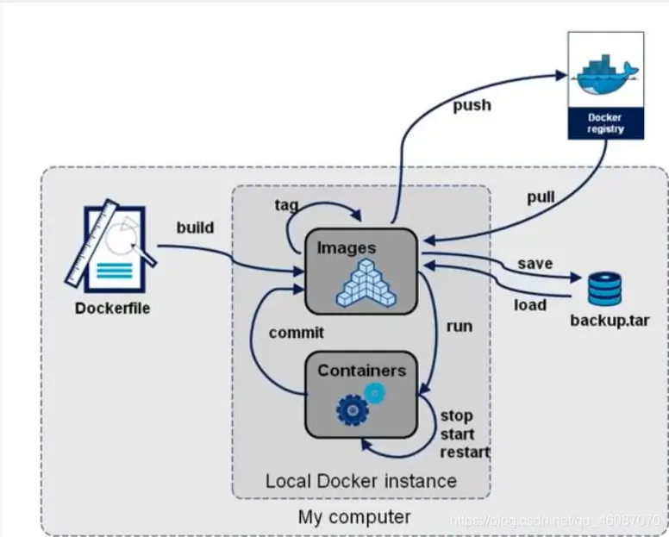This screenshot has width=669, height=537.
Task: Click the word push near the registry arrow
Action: (x=472, y=105)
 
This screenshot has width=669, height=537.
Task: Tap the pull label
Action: (x=541, y=197)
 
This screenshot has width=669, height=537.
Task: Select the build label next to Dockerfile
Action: (x=195, y=228)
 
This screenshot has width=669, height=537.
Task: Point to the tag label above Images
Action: (x=287, y=204)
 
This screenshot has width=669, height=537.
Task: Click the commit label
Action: (x=296, y=332)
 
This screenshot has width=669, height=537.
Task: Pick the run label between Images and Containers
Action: (x=459, y=326)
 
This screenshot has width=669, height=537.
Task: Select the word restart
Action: (x=465, y=452)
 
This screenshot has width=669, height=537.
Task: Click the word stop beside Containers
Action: (x=456, y=415)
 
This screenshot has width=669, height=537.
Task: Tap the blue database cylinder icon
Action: (x=604, y=289)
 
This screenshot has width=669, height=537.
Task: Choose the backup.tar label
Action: (x=610, y=322)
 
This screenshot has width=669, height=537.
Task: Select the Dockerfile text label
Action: (x=109, y=308)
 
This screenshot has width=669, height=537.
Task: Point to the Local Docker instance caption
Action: (x=360, y=480)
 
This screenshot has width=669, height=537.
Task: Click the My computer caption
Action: (x=354, y=517)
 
